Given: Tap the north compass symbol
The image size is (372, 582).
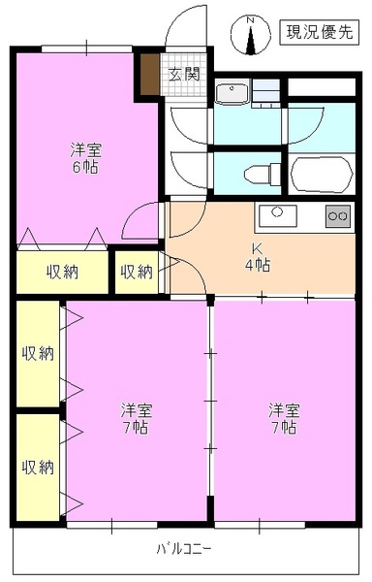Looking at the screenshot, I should point(250,37).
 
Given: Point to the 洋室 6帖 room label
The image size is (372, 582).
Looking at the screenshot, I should point(86,158).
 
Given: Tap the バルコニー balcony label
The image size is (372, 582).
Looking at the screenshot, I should point(184,550).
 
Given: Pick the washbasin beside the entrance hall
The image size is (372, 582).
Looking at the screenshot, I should point(233,94).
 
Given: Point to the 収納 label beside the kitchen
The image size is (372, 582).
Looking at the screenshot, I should point(136,272).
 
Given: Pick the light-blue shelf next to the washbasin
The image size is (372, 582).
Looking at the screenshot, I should point(270,93).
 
